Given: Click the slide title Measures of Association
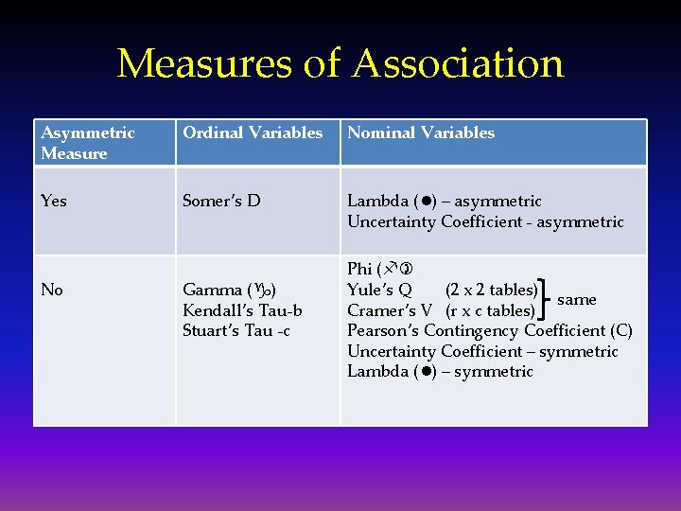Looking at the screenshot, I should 340,64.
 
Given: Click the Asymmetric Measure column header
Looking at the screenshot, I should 88,143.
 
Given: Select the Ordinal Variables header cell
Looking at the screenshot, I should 253,133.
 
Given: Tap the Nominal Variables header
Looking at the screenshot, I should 421,133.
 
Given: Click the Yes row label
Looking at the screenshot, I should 54,201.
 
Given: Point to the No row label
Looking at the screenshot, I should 52,290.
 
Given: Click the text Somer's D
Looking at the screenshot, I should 221,201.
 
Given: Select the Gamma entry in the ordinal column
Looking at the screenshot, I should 230,291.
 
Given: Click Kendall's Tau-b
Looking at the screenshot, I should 242,310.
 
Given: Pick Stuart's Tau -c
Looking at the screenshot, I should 236,330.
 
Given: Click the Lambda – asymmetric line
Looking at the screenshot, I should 444,201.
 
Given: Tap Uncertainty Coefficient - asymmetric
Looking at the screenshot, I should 485,221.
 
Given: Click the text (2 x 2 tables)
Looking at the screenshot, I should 492,290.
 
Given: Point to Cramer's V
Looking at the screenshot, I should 390,310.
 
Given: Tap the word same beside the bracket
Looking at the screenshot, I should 577,300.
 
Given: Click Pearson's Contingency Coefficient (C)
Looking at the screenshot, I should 489,330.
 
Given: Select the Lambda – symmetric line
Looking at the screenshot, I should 440,371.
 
